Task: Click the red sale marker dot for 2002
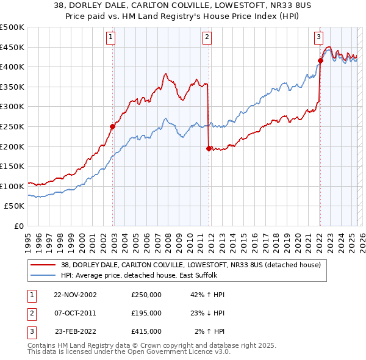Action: point(113,127)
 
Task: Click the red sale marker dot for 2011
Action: point(209,148)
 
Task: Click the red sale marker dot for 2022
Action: point(320,60)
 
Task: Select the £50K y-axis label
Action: point(15,206)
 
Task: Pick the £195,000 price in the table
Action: point(146,313)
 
